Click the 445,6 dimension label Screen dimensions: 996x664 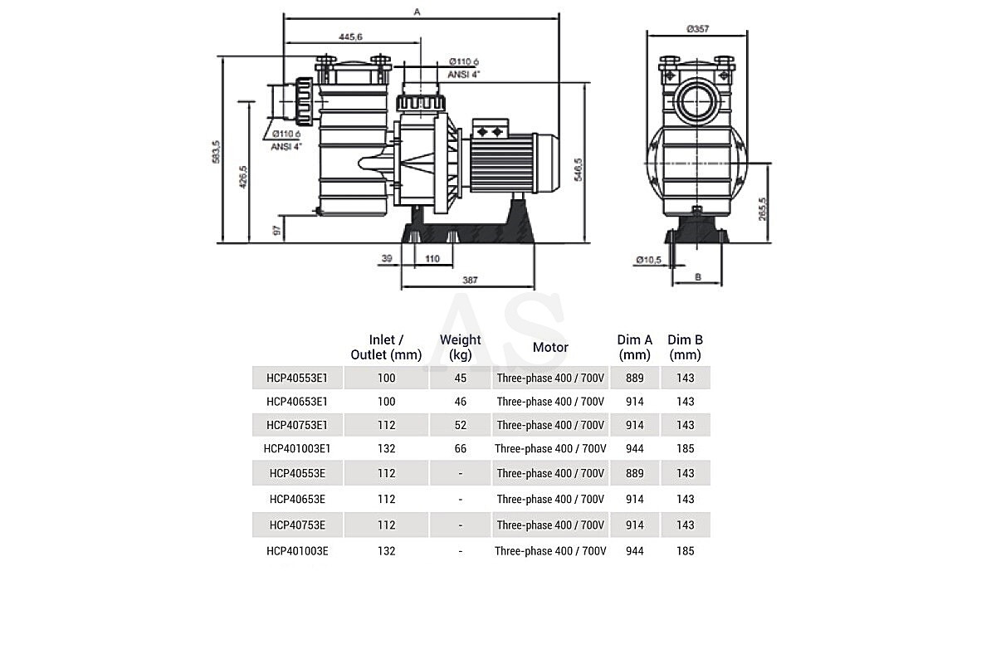[x=350, y=37]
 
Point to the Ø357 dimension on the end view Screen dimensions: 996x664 [x=697, y=29]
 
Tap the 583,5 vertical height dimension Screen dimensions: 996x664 [x=216, y=152]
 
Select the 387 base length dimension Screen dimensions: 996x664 [x=470, y=281]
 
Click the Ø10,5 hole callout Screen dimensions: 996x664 [x=649, y=259]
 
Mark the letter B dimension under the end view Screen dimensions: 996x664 [x=698, y=277]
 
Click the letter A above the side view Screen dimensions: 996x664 [x=417, y=12]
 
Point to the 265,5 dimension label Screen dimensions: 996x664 [x=763, y=209]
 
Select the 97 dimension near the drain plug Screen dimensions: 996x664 [x=276, y=231]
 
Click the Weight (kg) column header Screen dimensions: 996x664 [x=460, y=347]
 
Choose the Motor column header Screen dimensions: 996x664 [x=550, y=347]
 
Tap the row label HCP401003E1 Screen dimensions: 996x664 [x=297, y=449]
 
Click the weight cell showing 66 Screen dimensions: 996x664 [x=460, y=449]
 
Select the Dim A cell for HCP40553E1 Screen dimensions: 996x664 [x=634, y=378]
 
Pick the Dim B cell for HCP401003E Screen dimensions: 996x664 [x=686, y=551]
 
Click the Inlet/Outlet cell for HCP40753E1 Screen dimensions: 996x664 [x=387, y=425]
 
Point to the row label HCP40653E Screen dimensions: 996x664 [x=297, y=500]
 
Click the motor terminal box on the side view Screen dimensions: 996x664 [x=490, y=129]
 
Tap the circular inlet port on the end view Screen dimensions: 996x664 [x=696, y=102]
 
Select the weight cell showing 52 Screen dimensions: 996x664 [x=460, y=425]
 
